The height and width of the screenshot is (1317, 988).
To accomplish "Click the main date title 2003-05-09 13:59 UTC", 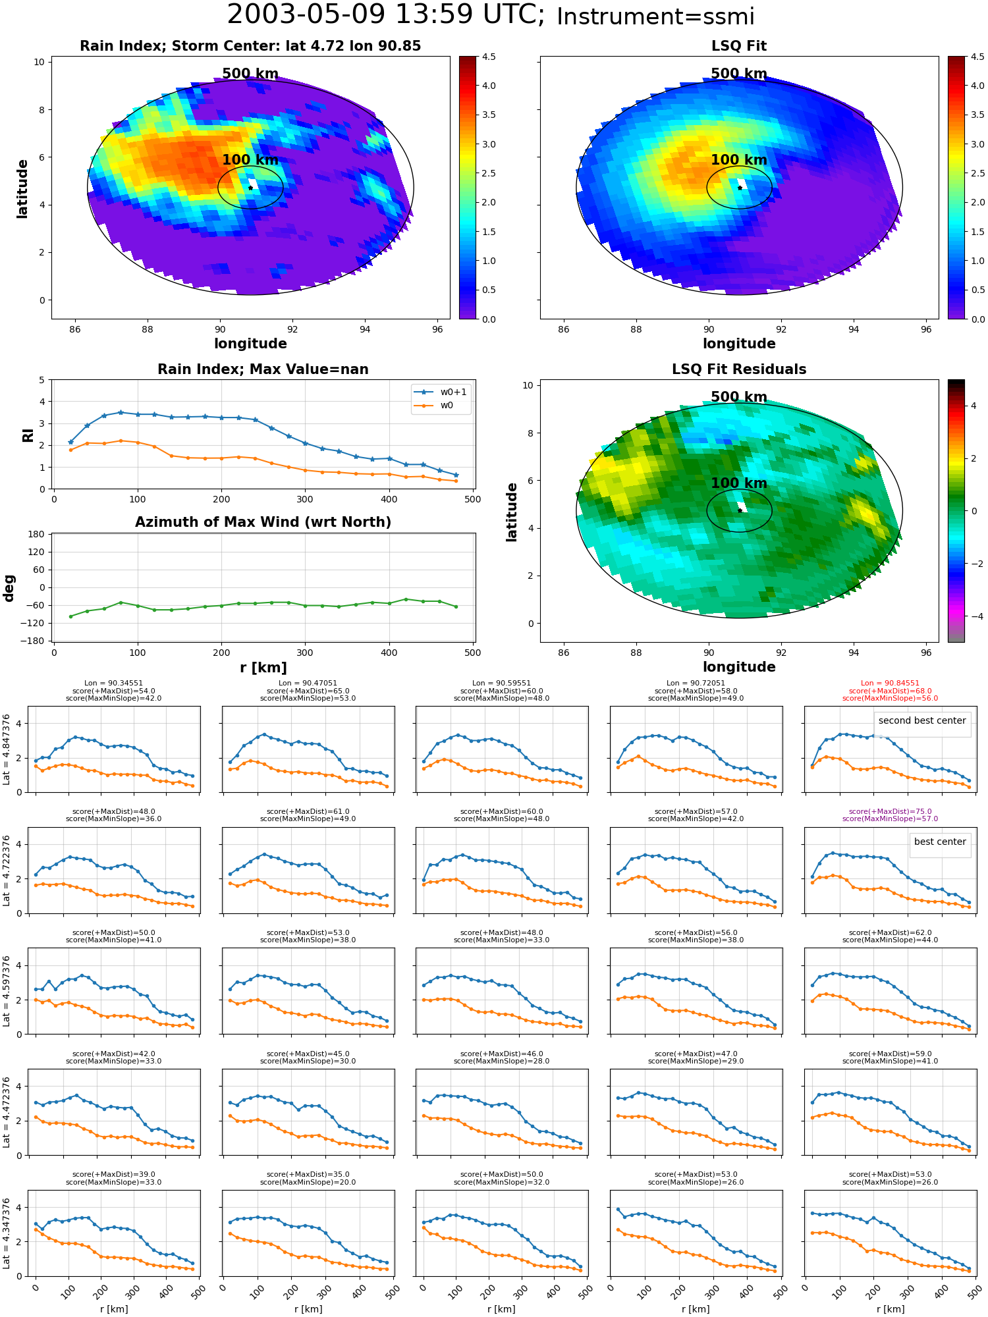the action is click(x=385, y=14).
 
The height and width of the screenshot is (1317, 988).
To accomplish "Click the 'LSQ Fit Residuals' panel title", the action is click(x=739, y=369).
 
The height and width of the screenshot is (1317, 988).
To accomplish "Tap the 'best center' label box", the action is click(x=940, y=842).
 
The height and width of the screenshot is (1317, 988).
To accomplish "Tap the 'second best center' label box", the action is click(x=922, y=720).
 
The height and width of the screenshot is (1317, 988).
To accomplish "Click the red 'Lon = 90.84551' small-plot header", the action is click(x=890, y=684).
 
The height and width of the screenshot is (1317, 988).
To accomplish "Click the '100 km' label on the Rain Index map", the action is click(x=250, y=160).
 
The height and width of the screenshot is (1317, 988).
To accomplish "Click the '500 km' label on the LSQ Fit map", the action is click(x=739, y=74).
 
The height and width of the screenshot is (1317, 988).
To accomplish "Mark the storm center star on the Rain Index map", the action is click(x=250, y=188).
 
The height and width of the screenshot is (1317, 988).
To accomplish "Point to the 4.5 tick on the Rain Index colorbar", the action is click(x=489, y=57).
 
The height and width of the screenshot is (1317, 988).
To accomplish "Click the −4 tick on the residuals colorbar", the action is click(x=974, y=616).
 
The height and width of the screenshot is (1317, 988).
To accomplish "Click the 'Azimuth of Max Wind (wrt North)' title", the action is click(x=263, y=522).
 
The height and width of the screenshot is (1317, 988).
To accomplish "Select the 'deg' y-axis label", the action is click(x=9, y=587).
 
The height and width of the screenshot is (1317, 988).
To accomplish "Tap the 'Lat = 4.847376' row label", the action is click(x=7, y=749).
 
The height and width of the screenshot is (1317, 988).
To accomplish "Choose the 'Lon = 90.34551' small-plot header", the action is click(x=113, y=684).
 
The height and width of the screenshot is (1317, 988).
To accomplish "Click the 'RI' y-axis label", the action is click(x=28, y=435).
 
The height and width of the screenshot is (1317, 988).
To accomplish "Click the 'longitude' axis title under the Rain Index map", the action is click(x=250, y=344).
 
